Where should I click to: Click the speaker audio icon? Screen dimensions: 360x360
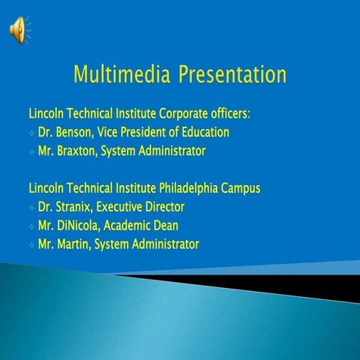click(16, 29)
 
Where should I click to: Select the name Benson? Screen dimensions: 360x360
click(73, 132)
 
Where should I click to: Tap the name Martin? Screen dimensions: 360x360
click(74, 244)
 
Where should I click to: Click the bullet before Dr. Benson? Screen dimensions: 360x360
click(31, 133)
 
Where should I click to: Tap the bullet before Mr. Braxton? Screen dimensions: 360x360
click(31, 152)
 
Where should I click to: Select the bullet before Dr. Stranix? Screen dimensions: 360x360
click(31, 208)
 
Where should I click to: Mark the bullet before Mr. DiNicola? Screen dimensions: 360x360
click(31, 226)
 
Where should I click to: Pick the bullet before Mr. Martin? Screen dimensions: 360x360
click(31, 245)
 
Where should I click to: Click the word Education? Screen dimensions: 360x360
click(202, 132)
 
